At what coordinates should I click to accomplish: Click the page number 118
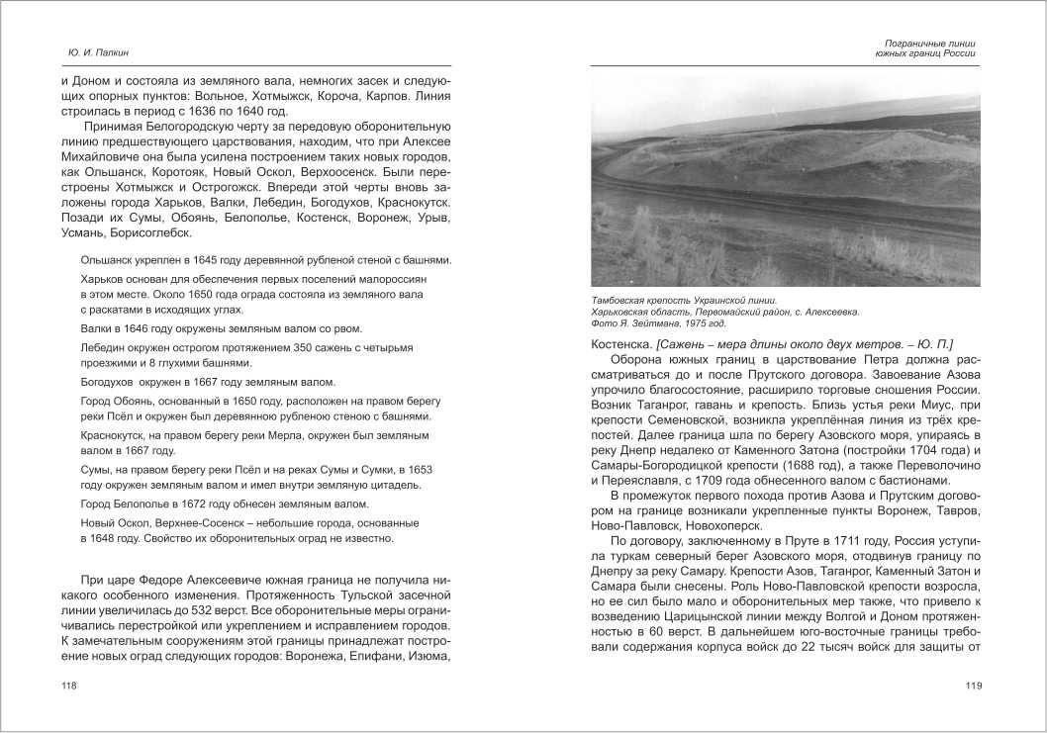(x=69, y=687)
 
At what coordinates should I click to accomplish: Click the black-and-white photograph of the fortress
(x=785, y=183)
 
